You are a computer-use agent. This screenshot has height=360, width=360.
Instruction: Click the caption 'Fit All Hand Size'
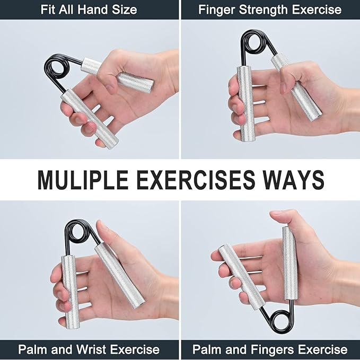coord(89,10)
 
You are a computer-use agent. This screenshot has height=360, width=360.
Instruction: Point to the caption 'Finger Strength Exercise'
coord(270,10)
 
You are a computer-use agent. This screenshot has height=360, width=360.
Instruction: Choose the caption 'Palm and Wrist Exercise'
coord(89,349)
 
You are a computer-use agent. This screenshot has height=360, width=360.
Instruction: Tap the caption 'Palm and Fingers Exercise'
coord(270,349)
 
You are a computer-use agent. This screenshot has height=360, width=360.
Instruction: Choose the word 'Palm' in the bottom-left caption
coord(33,349)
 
